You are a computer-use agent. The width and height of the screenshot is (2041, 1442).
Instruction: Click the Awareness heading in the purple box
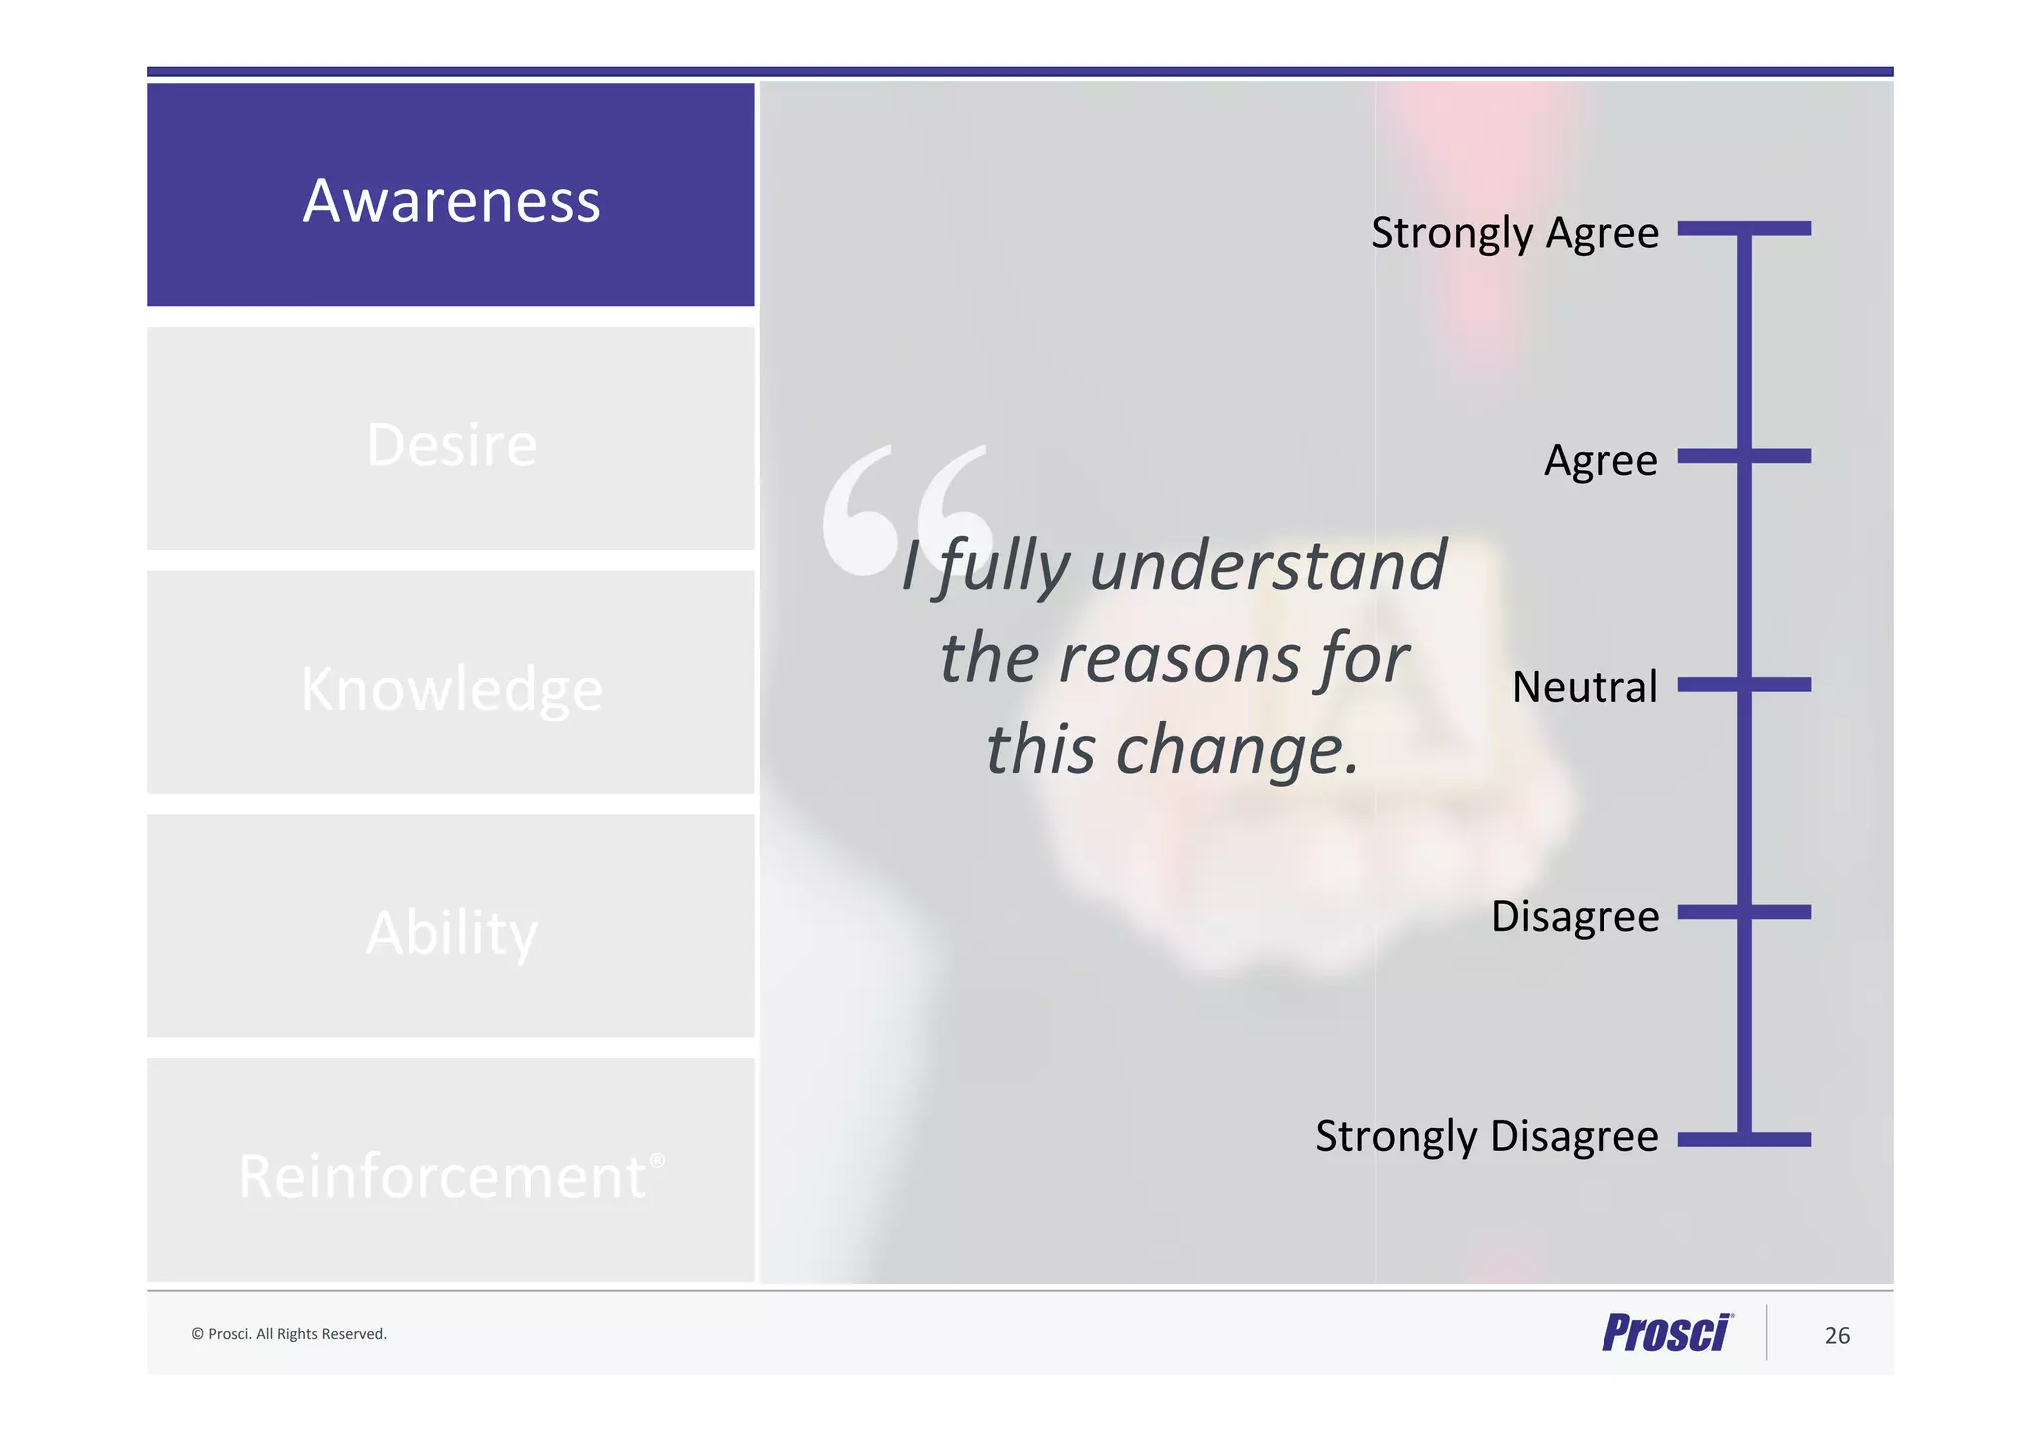(451, 201)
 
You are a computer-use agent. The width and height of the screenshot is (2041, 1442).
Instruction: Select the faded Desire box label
(451, 444)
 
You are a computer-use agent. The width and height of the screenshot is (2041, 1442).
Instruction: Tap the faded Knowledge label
(451, 689)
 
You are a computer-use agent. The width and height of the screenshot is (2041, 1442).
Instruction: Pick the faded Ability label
(451, 933)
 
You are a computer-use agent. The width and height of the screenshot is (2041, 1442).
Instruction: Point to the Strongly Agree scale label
(1515, 234)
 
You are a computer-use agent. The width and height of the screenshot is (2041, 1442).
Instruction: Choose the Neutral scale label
(1585, 687)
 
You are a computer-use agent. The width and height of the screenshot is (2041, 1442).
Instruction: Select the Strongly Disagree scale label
(1487, 1137)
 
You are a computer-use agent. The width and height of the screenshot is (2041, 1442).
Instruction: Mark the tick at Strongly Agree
(1744, 229)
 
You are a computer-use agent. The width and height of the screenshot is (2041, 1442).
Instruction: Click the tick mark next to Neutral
(1744, 685)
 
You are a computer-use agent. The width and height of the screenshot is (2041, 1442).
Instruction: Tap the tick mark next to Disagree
(1744, 912)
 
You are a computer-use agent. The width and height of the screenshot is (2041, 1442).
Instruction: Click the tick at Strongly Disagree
(1744, 1139)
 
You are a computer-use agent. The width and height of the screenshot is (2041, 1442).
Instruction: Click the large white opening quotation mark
(905, 510)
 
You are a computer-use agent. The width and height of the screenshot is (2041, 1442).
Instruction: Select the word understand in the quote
(1268, 565)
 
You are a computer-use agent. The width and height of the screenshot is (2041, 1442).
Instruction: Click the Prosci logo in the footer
(1667, 1333)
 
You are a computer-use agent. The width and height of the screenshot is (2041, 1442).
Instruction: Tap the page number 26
(1837, 1336)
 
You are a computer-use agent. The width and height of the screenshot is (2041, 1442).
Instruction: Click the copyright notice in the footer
(289, 1334)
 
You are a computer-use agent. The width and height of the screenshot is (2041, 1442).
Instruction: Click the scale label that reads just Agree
(1601, 460)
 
